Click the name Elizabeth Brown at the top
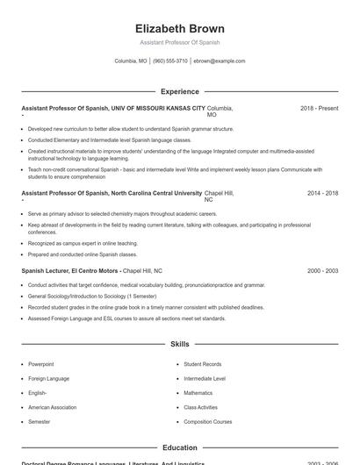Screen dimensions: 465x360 (x=180, y=28)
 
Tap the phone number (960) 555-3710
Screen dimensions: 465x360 (x=170, y=61)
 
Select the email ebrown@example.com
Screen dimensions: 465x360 (x=220, y=61)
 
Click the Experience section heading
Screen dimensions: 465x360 (x=180, y=91)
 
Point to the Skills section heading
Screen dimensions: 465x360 (x=180, y=345)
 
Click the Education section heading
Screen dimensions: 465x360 (x=180, y=447)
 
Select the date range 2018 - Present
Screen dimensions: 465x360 (x=319, y=108)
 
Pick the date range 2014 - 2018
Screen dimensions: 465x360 (x=322, y=193)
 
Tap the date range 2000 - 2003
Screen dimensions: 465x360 (x=322, y=271)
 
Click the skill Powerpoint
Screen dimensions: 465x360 (x=41, y=364)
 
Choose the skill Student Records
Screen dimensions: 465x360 (x=202, y=364)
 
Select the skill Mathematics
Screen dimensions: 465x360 (x=198, y=393)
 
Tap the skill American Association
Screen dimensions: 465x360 (x=52, y=407)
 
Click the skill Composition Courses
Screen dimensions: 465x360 (x=208, y=422)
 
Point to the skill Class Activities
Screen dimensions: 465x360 (x=201, y=407)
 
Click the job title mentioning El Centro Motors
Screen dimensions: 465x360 (x=70, y=271)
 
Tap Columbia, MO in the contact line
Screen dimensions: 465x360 (x=131, y=61)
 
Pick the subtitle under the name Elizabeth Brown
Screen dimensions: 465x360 (x=180, y=42)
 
